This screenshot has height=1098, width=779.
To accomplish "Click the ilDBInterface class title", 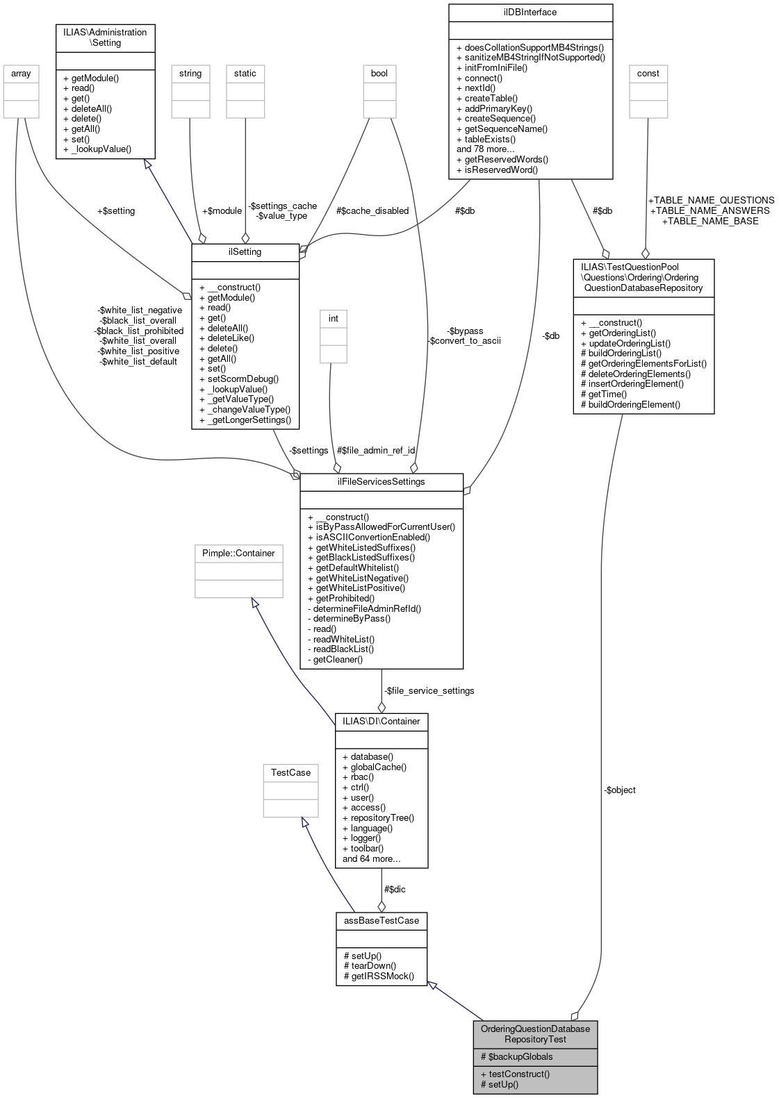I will [x=531, y=12].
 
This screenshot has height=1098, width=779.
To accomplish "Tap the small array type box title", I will [x=21, y=73].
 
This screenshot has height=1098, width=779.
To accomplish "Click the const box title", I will [x=648, y=73].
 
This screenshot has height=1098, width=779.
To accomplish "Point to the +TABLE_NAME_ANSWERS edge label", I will [x=710, y=210].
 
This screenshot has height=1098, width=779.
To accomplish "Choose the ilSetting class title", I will [x=245, y=251].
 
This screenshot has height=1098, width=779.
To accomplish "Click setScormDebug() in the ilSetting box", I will [x=238, y=379].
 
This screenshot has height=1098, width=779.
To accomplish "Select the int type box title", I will [x=333, y=318].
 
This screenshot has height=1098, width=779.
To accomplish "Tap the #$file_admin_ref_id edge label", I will [x=375, y=450].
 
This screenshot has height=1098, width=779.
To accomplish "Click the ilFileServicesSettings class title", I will [x=381, y=481].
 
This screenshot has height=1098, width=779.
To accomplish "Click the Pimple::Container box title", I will [x=238, y=553].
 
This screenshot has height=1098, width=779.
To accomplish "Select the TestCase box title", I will [x=290, y=772].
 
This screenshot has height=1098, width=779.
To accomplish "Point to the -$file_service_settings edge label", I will [x=429, y=690].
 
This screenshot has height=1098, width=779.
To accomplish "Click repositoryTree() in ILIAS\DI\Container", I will [x=378, y=817].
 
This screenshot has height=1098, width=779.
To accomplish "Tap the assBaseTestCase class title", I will [x=382, y=920].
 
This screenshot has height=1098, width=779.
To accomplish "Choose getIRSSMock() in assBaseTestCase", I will [x=379, y=976].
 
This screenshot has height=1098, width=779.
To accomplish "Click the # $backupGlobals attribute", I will [x=517, y=1056].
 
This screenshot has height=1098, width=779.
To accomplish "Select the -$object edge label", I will [x=619, y=790].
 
